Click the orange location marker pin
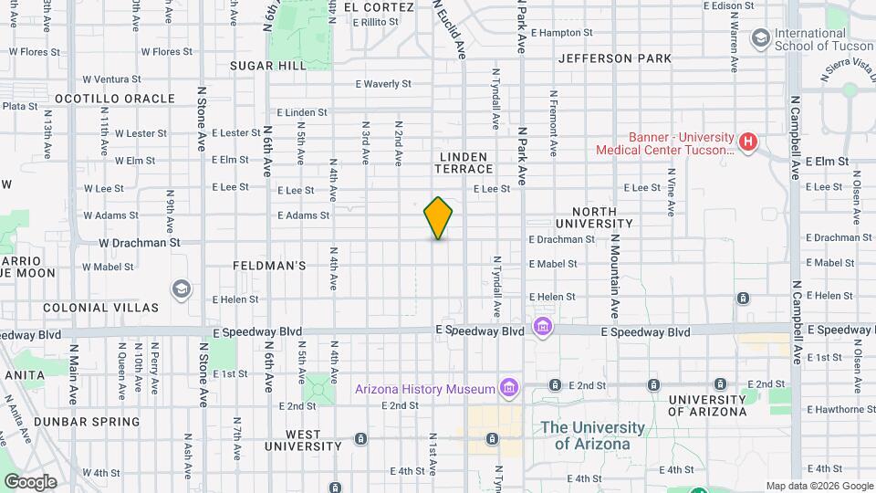438,218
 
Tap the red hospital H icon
748,142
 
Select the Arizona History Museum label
424,390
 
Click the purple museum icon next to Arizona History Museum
509,390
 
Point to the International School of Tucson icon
759,37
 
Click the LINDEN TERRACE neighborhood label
465,163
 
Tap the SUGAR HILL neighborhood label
268,66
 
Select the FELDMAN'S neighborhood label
268,266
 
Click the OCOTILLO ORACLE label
115,99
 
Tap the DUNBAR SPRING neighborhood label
88,422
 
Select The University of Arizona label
592,435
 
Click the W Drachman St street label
139,244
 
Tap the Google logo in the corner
30,481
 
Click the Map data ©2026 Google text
819,486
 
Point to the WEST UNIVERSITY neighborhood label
303,440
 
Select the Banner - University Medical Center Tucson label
664,142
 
